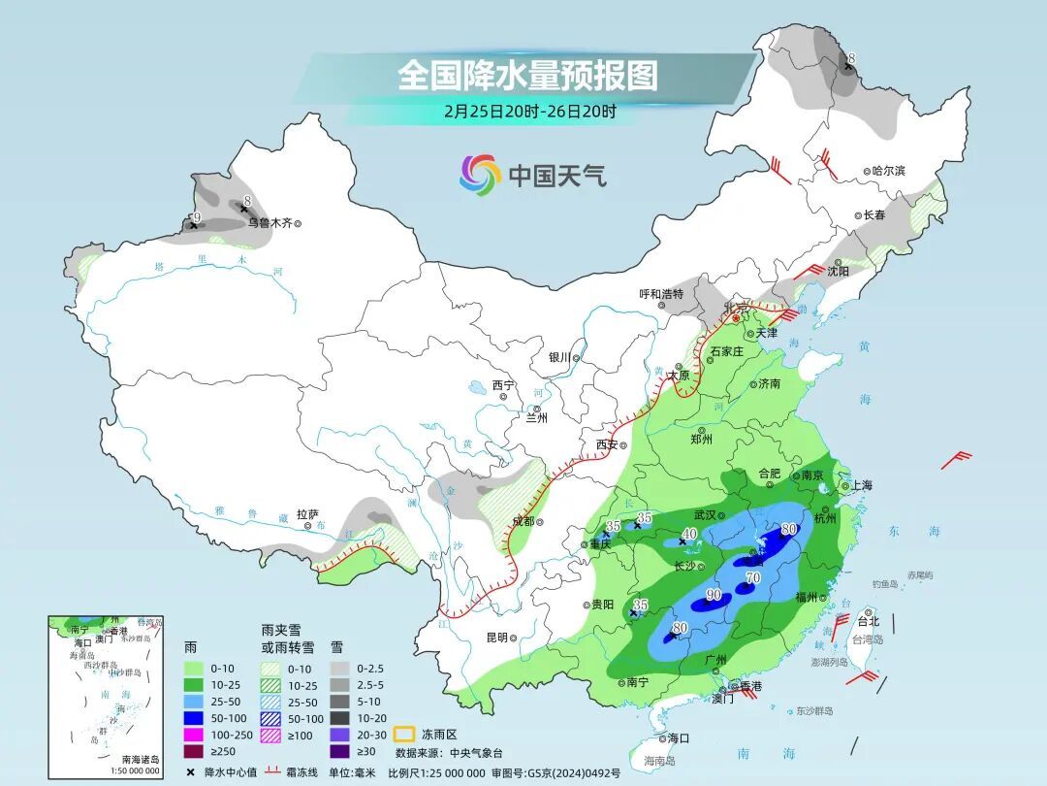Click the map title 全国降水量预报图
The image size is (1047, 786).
527,75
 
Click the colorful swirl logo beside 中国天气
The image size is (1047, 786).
479,175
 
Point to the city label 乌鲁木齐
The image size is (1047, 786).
269,222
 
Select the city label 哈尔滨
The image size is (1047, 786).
887,171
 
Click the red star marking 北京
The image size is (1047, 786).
737,317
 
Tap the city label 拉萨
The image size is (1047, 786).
307,514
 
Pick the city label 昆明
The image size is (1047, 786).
496,638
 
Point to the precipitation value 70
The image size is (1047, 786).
752,579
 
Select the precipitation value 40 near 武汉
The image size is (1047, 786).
689,534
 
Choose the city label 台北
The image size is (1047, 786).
869,620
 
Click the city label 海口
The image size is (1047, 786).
680,738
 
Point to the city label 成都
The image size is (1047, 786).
522,521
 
